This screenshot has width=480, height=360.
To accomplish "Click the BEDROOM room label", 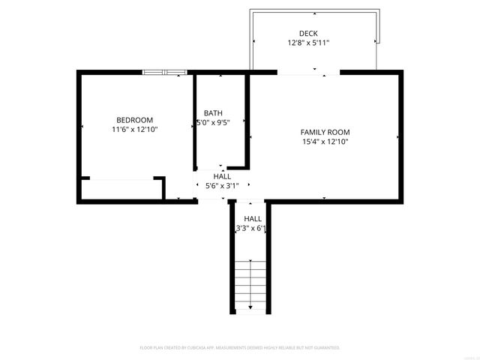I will (x=135, y=120).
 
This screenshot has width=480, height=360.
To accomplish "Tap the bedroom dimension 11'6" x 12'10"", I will (x=135, y=130).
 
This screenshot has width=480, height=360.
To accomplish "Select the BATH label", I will (x=213, y=113).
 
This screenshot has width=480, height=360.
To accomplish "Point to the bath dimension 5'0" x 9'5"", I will (x=213, y=122).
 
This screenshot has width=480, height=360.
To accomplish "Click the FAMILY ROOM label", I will (x=325, y=131).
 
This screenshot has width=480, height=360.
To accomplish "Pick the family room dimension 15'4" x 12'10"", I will (x=325, y=141).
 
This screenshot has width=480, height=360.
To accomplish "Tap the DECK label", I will (x=308, y=33).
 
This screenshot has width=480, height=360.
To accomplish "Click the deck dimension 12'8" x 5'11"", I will (x=308, y=43).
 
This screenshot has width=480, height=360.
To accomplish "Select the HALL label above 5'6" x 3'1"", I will (x=222, y=176).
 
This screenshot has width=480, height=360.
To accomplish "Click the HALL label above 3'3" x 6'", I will (x=252, y=218).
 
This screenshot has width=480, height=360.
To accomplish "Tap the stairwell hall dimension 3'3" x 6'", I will (x=251, y=228).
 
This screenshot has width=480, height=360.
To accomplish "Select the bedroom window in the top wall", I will (x=165, y=72).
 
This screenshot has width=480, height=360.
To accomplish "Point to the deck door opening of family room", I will (x=308, y=72).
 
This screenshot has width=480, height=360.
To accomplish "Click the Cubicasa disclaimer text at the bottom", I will (x=240, y=348).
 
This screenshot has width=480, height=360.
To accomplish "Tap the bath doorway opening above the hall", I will (x=212, y=167).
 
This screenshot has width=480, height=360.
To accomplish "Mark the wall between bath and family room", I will (x=248, y=120).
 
